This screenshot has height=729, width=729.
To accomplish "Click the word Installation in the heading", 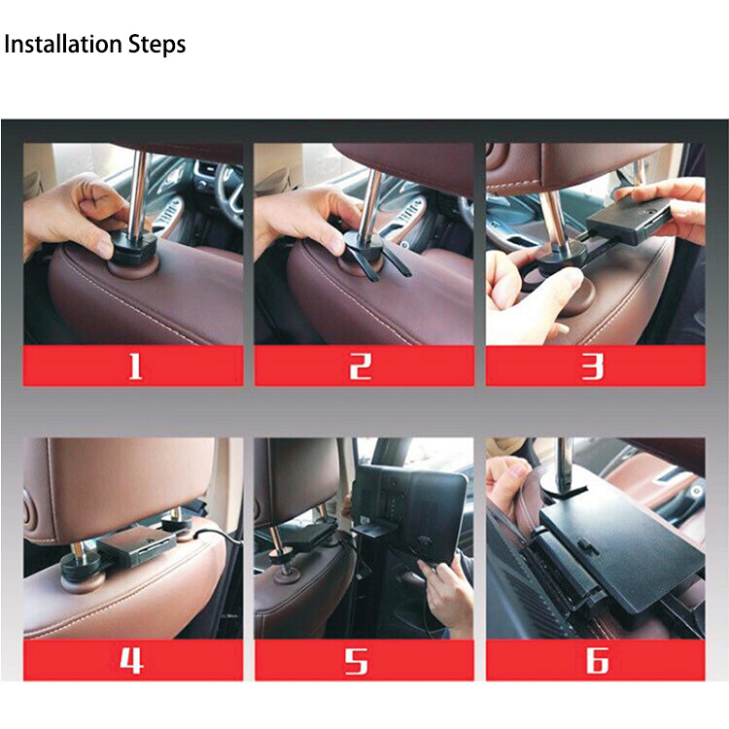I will [63, 45].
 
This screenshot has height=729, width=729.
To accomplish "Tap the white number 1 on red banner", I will [134, 365].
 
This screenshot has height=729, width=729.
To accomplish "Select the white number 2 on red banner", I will [362, 365].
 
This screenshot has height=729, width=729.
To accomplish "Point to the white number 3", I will [592, 365].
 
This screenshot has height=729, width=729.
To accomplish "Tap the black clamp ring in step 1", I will [131, 240].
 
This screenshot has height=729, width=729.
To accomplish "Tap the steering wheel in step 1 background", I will [229, 185].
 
